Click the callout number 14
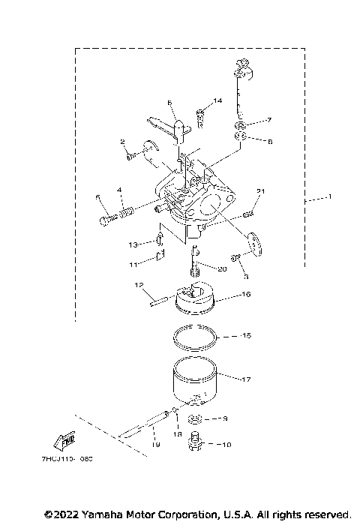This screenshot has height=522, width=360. pyautogui.click(x=217, y=100)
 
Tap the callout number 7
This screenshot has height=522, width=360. pyautogui.click(x=269, y=120)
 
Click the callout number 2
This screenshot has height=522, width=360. pyautogui.click(x=121, y=141)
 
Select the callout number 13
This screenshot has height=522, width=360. pyautogui.click(x=130, y=244)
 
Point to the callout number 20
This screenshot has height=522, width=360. pyautogui.click(x=222, y=269)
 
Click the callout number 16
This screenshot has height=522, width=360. pyautogui.click(x=244, y=295)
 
